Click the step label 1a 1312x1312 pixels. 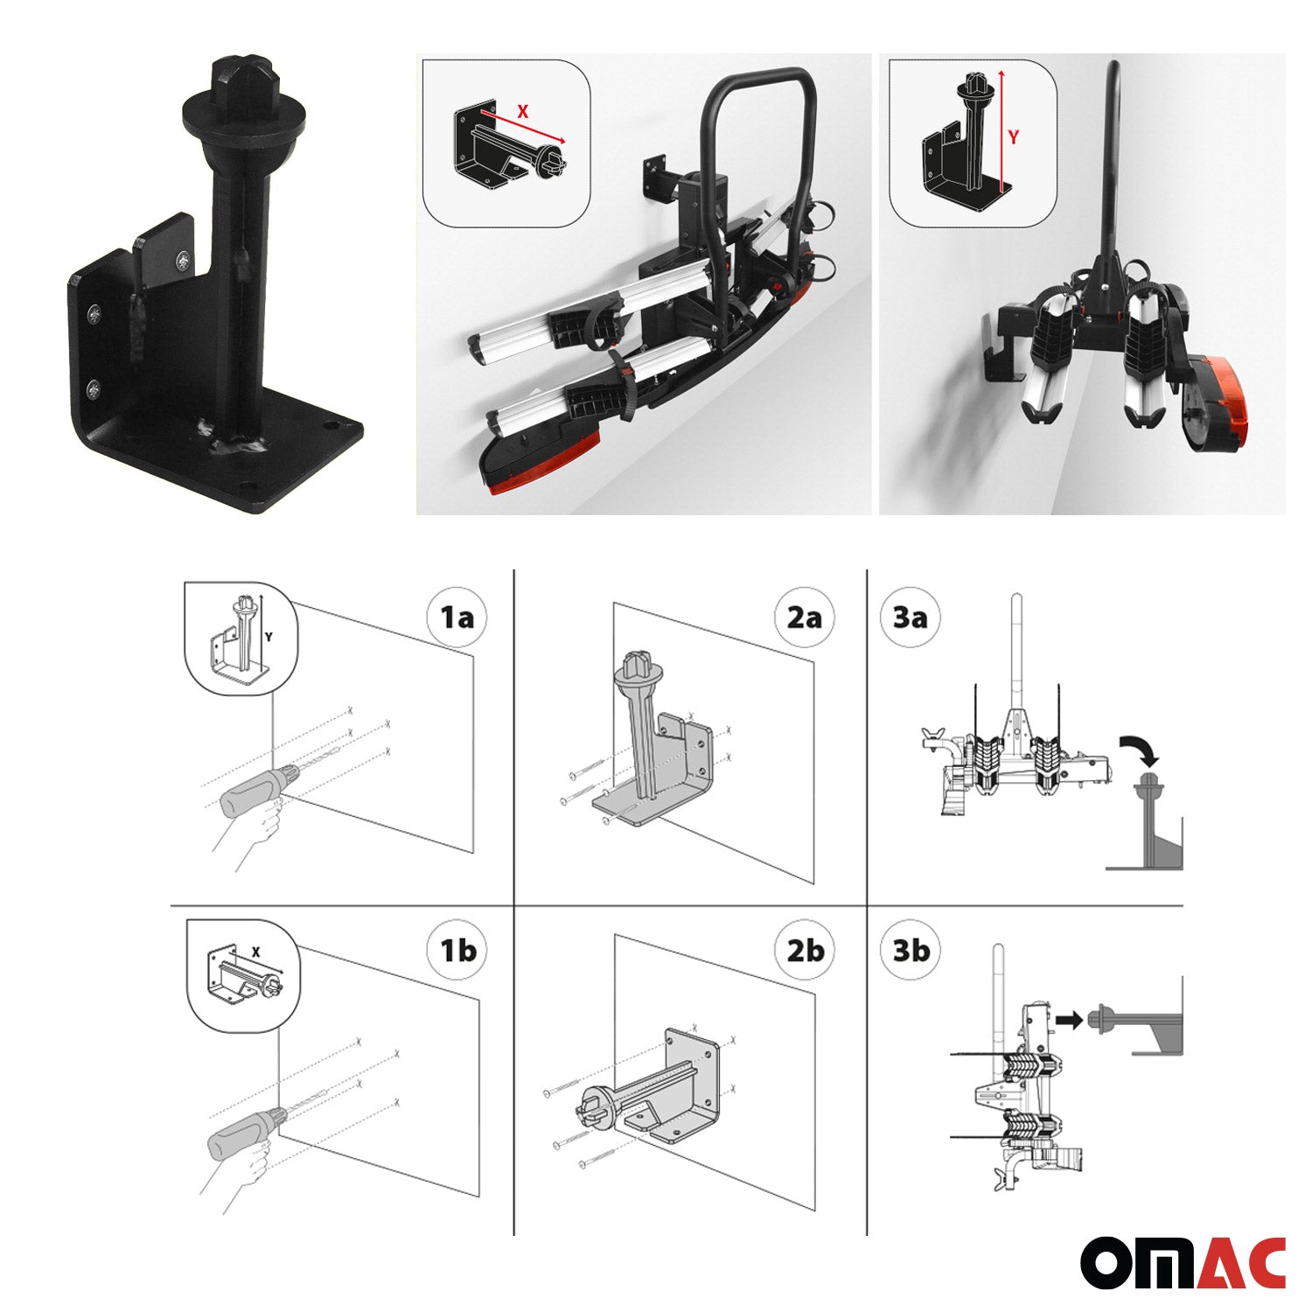point(457,618)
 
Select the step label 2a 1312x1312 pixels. point(804,618)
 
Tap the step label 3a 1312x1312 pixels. point(910,618)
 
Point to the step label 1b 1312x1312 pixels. point(457,950)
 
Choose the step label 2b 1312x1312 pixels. point(804,950)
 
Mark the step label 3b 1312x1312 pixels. point(910,950)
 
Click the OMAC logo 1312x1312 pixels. point(1183,1262)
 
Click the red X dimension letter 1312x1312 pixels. point(523,112)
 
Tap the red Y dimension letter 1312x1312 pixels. point(1013,137)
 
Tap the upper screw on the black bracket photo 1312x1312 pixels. point(93,311)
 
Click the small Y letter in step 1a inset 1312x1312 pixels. point(269,638)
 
